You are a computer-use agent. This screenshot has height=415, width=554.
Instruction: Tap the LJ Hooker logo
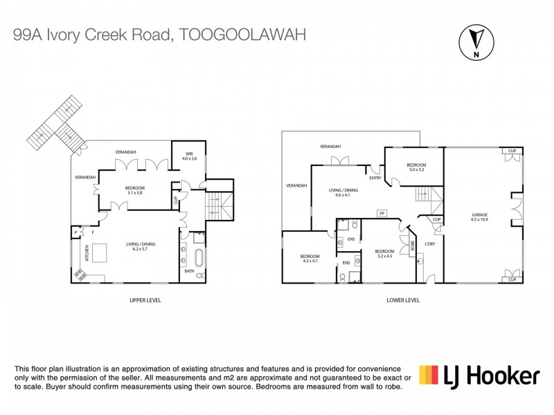click(x=479, y=376)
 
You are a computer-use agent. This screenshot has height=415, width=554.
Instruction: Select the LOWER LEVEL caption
click(x=403, y=299)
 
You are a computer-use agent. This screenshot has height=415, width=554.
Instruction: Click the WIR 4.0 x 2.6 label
click(x=188, y=156)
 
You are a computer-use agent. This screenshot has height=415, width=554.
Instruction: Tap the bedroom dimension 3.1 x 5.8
click(x=135, y=192)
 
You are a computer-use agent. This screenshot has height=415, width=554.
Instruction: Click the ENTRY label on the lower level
click(x=375, y=178)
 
